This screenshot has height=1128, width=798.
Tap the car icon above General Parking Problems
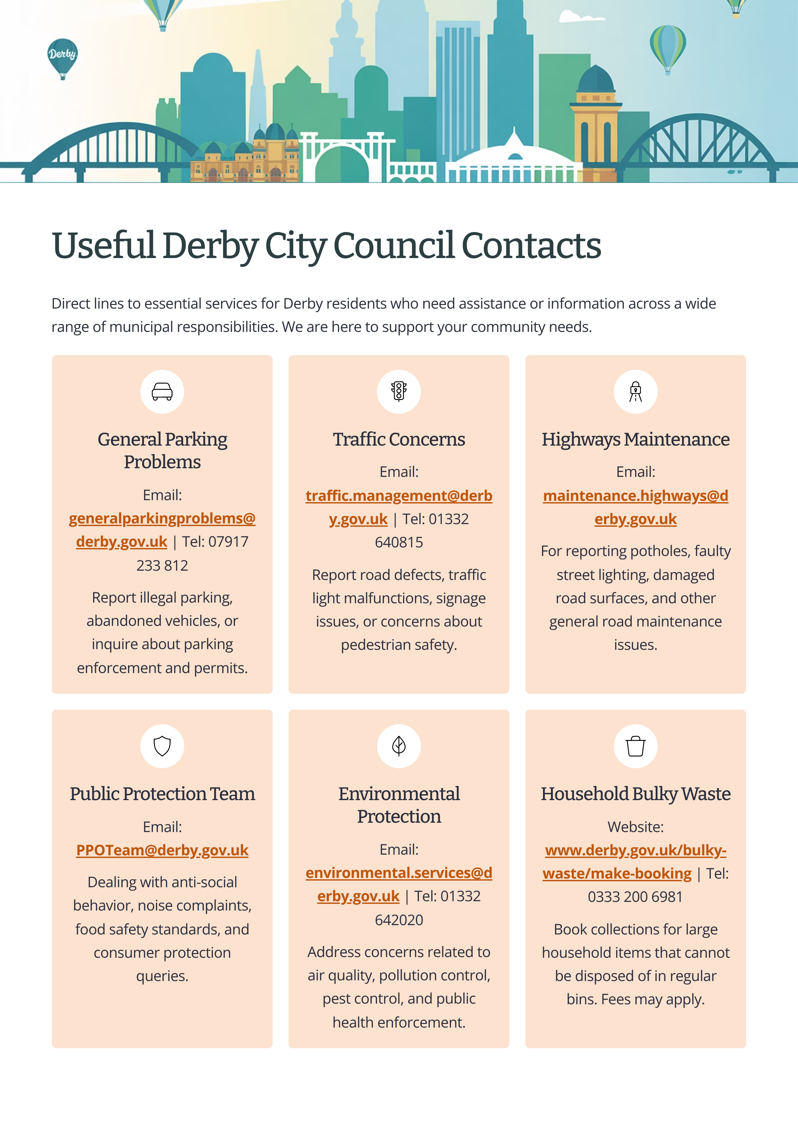pos(162,392)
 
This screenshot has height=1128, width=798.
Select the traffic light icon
pos(399,392)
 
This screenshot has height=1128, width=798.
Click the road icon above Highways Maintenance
pos(635,392)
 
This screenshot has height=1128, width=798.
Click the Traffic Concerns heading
pos(399,439)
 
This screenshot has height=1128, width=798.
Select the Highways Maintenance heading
pos(635,439)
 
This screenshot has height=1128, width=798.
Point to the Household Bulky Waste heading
pos(635,794)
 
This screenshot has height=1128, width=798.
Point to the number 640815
pos(399,542)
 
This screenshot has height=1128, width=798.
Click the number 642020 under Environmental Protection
pos(399,919)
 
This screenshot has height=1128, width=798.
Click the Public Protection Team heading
pos(162,794)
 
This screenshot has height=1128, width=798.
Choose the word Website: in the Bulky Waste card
pos(635,827)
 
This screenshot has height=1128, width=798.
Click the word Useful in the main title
pos(104,245)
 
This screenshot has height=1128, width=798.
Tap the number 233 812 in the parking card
pos(162,565)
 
